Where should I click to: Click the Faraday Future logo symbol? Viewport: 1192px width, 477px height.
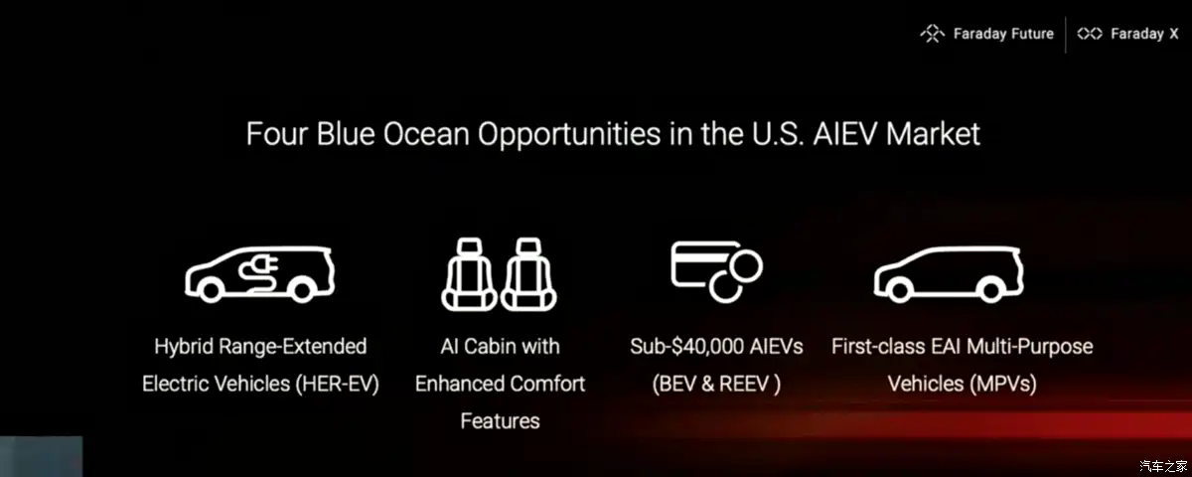click(933, 34)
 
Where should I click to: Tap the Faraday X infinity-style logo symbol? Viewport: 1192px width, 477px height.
click(1090, 34)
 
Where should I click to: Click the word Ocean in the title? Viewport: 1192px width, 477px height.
click(426, 133)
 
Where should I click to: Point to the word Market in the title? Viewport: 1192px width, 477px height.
click(934, 133)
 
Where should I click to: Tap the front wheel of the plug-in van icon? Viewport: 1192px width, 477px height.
click(211, 290)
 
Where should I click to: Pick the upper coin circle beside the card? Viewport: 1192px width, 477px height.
click(746, 266)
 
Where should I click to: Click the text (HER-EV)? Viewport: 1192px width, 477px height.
click(338, 384)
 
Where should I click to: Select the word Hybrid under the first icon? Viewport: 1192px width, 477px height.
click(184, 347)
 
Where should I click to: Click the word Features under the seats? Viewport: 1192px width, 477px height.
click(501, 421)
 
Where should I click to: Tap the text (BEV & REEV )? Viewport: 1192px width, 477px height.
click(716, 384)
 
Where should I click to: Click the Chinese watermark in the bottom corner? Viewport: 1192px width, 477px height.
click(1163, 466)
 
